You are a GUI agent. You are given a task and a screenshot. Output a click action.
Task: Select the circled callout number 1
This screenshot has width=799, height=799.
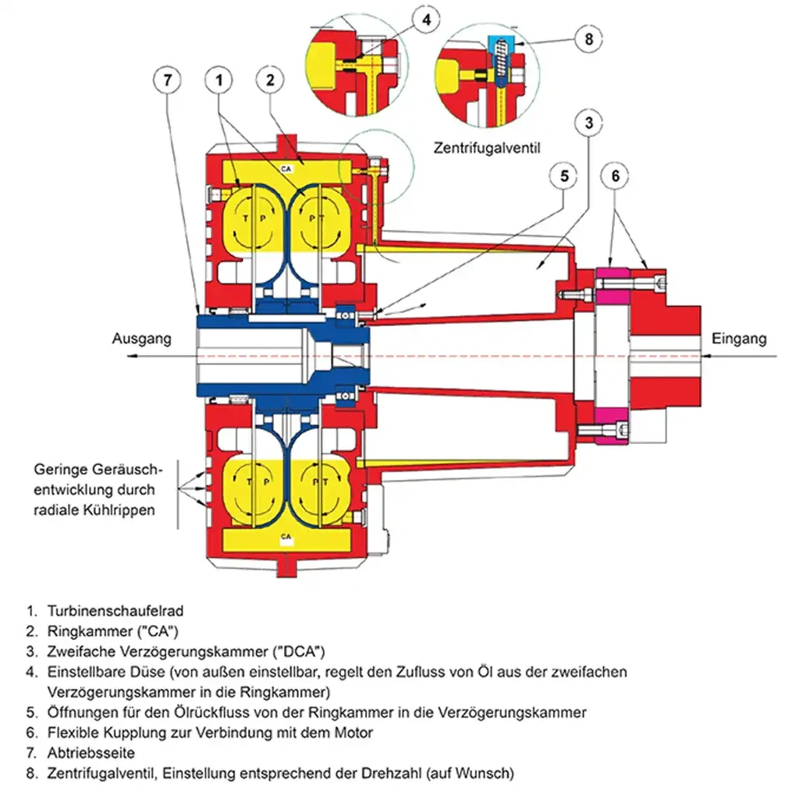tap(221, 80)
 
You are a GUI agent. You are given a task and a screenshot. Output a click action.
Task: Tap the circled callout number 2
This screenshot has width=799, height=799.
tap(269, 80)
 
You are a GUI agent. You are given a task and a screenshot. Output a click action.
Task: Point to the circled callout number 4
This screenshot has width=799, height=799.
tap(424, 21)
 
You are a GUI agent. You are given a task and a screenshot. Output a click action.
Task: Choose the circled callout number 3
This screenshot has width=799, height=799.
tap(589, 122)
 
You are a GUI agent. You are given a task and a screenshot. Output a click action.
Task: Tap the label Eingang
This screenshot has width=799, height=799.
tap(739, 339)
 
